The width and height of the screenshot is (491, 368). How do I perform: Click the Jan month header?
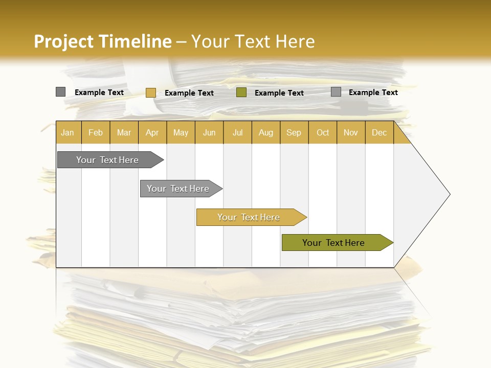(x=68, y=132)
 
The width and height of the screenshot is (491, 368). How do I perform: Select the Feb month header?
(x=96, y=132)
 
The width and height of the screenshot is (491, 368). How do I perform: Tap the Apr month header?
(x=152, y=132)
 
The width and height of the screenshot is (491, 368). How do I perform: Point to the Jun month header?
(x=209, y=132)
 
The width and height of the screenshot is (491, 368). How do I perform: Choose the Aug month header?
(x=266, y=132)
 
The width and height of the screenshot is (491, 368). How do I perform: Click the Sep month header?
(x=294, y=132)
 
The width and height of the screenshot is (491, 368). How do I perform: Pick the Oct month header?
(x=323, y=132)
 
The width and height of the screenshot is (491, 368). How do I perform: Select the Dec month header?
(x=379, y=132)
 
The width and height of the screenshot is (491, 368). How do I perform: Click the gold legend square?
(x=150, y=93)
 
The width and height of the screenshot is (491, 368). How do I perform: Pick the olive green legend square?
(x=241, y=93)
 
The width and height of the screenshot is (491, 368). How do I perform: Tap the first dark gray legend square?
(x=60, y=92)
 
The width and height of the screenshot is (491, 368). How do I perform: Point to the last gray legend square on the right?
(x=336, y=92)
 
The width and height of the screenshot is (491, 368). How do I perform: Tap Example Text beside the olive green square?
(x=279, y=93)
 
